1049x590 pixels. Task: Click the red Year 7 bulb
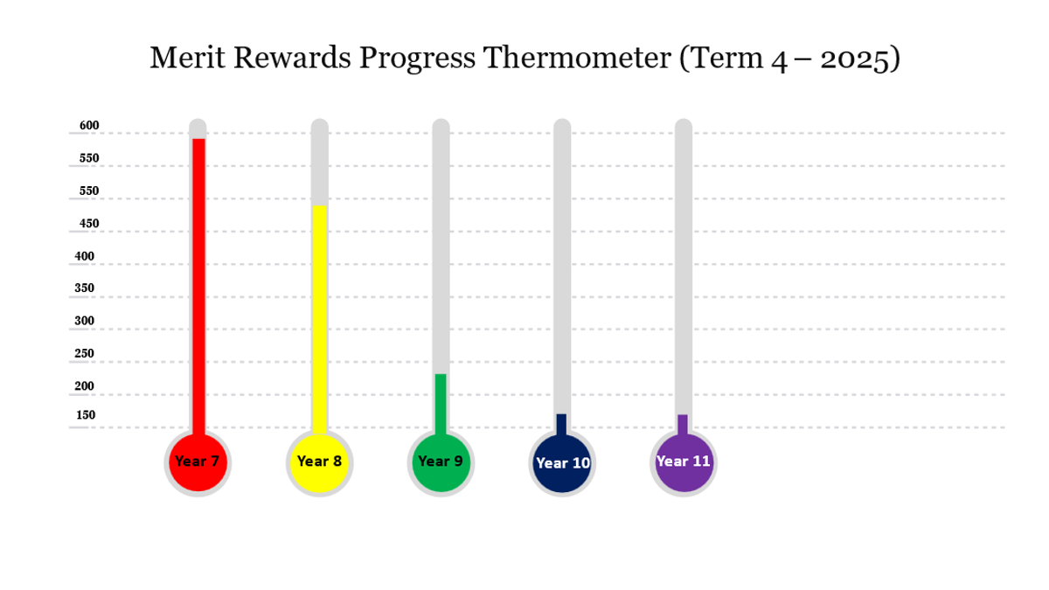(x=198, y=462)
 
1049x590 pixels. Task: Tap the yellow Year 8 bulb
(x=319, y=462)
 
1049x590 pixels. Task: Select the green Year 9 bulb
(x=441, y=462)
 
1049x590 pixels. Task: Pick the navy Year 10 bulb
(x=562, y=462)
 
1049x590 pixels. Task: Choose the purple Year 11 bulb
(x=684, y=462)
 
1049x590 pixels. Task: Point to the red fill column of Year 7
(x=198, y=287)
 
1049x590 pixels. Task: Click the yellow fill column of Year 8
(x=319, y=320)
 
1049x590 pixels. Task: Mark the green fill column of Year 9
(x=441, y=405)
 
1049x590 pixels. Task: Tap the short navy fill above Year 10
(x=561, y=425)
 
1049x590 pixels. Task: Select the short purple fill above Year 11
(x=683, y=425)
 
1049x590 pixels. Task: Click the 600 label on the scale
(x=89, y=126)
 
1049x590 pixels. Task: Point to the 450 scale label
(x=89, y=224)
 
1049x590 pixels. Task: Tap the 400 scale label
(x=84, y=257)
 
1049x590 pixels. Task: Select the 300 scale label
(x=84, y=321)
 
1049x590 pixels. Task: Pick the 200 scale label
(x=84, y=386)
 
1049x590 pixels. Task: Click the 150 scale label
(x=86, y=415)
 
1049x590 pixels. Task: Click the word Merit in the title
(x=187, y=58)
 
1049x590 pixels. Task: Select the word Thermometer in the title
(x=577, y=58)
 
